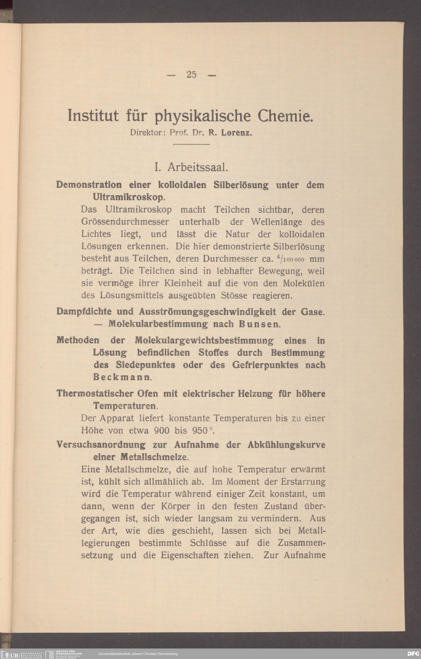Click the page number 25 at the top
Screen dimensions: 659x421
191,75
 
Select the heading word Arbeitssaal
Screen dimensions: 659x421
198,167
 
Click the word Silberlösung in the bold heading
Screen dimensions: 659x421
241,185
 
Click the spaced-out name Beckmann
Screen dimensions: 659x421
121,377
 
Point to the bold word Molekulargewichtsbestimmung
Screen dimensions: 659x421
204,341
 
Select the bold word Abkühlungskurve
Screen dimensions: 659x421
286,445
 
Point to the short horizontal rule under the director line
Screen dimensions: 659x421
191,144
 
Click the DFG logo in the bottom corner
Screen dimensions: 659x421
413,654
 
